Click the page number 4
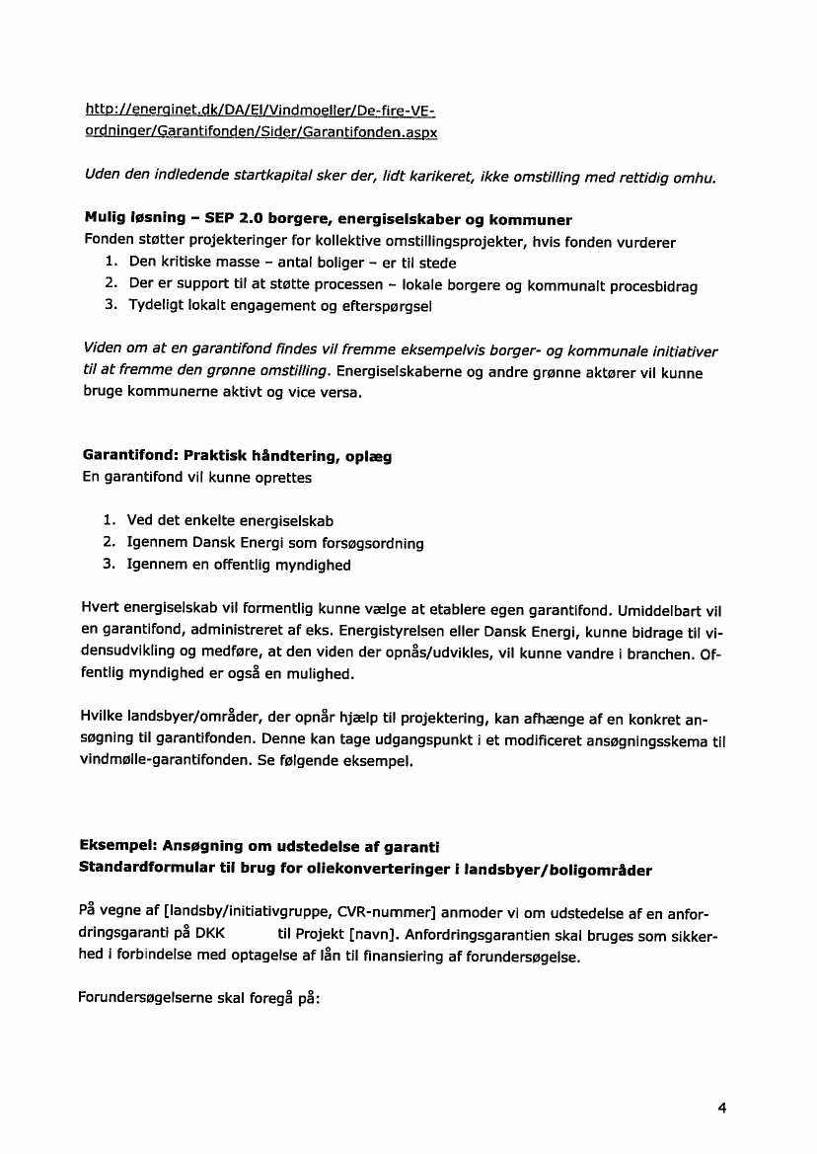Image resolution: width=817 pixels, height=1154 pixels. pos(722,1108)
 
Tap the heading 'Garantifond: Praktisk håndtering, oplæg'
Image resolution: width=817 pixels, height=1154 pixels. pos(236,457)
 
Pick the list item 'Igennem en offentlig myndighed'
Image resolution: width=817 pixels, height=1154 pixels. pos(238,566)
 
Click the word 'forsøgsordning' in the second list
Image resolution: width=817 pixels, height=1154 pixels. pos(376,544)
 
